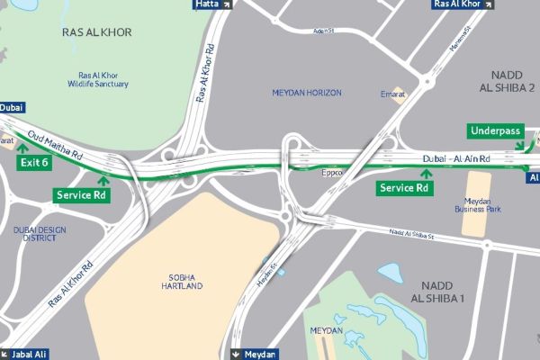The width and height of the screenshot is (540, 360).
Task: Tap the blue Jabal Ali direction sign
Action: click(x=23, y=354)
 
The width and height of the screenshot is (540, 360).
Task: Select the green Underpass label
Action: click(x=495, y=131)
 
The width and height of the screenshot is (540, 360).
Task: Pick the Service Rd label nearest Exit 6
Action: click(x=82, y=194)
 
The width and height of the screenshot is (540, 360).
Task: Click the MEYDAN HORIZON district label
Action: click(x=309, y=93)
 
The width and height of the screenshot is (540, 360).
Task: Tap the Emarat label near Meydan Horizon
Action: click(x=392, y=93)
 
